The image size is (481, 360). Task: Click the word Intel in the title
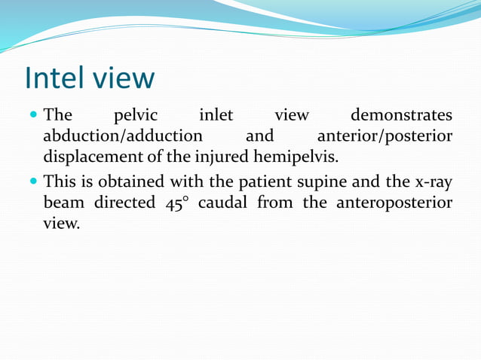pos(57,78)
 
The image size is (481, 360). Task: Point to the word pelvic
pos(135,116)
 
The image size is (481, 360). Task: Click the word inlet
pos(215,116)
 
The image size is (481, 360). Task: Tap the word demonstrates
pos(402,116)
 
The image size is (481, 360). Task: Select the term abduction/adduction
pos(123,137)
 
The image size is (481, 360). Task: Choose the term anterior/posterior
pos(385,137)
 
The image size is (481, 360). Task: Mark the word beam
pos(64,203)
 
